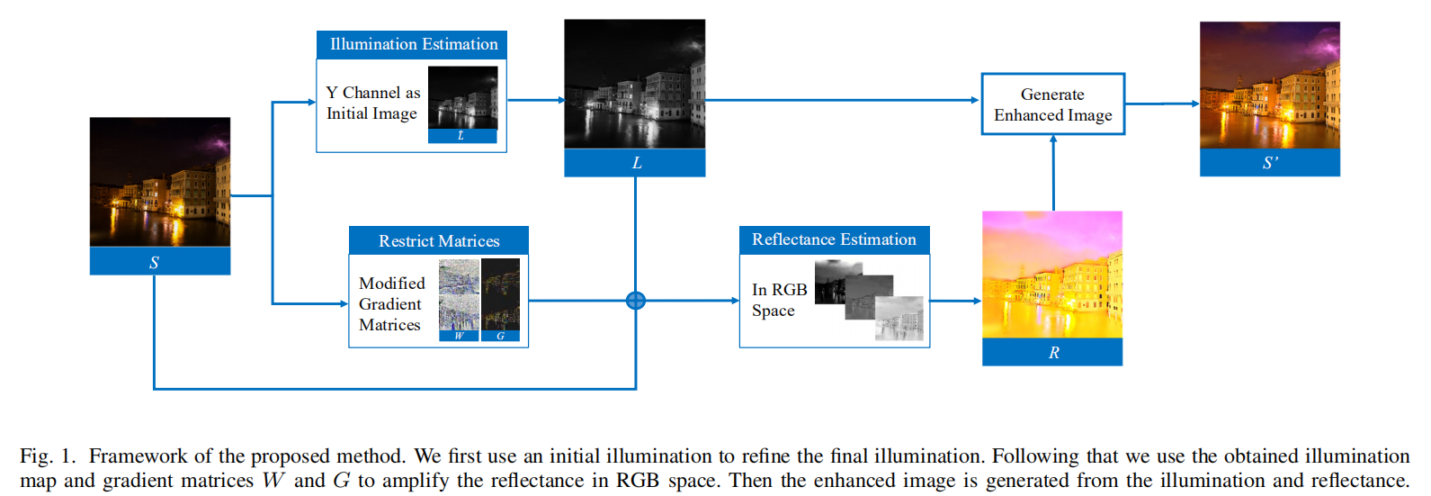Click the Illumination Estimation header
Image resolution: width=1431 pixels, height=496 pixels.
point(412,44)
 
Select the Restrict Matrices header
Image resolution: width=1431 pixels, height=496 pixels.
point(438,240)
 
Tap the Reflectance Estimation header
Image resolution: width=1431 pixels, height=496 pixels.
point(834,239)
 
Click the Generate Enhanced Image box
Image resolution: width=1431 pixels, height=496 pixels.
point(1052,104)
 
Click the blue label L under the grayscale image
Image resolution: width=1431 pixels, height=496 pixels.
point(635,163)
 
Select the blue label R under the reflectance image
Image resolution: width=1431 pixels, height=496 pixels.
point(1052,352)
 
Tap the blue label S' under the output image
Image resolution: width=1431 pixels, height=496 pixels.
point(1269,163)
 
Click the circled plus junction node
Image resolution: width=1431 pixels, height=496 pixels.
point(636,301)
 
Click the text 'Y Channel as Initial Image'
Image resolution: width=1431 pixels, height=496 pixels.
point(372,104)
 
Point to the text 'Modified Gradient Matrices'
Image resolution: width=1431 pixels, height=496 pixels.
point(391,304)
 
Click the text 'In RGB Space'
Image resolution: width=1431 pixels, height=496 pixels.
point(779,300)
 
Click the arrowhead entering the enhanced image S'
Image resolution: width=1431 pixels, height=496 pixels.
point(1194,104)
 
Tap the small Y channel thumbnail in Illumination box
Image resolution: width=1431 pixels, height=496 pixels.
point(462,98)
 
